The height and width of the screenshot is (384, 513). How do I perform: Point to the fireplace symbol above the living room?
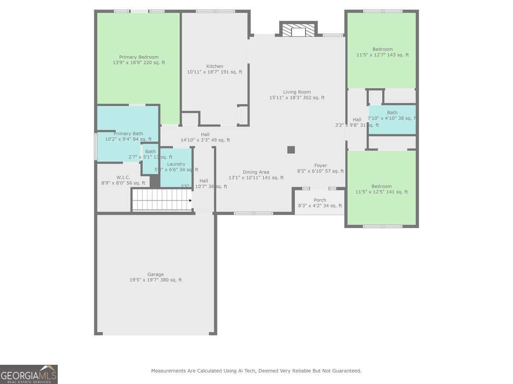pos(298,30)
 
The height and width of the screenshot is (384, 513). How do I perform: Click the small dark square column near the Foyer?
pos(291,150)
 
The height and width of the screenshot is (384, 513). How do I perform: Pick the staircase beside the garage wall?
pos(162,200)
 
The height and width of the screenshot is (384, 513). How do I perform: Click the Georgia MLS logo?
pos(29,374)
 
